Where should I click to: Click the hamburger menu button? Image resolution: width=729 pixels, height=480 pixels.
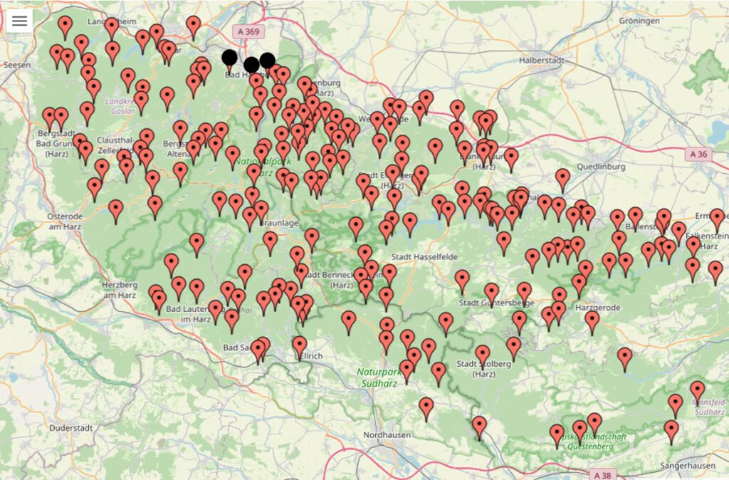(19, 21)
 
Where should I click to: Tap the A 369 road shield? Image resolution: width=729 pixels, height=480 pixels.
(246, 31)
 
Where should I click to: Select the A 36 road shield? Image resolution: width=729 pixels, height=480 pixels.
(700, 153)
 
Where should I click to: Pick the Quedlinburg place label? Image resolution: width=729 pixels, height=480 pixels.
(603, 167)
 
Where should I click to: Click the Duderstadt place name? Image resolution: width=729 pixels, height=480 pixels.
(72, 428)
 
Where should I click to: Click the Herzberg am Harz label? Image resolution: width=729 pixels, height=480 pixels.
(119, 289)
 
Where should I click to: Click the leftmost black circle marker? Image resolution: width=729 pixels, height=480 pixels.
(229, 58)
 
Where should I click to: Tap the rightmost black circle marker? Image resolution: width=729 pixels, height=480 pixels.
(267, 61)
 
